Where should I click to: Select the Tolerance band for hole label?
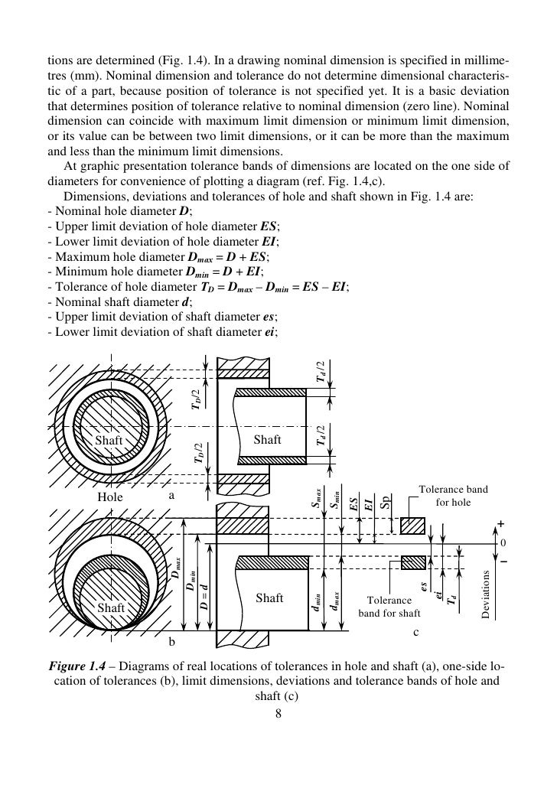[454, 496]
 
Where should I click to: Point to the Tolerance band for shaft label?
[389, 607]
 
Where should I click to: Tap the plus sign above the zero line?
[502, 523]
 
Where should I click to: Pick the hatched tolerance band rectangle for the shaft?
[413, 562]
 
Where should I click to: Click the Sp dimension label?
[387, 500]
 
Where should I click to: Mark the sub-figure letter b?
[172, 641]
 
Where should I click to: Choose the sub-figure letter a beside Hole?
[172, 495]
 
